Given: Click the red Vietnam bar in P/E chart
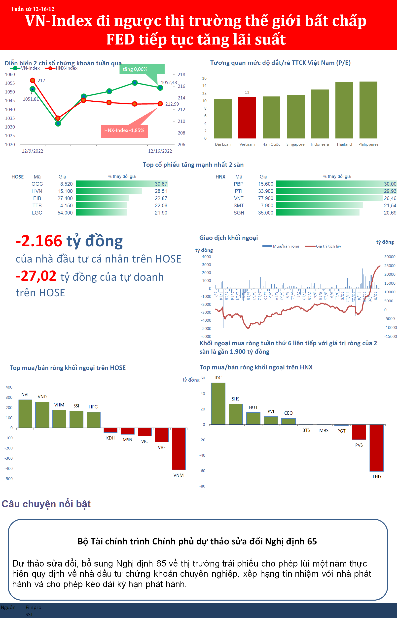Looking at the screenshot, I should coord(247,118).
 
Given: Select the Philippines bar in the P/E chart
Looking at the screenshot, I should coord(368,110).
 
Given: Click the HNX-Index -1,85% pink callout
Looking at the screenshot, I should coord(124,130).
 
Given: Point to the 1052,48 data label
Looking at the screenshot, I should coord(169,83).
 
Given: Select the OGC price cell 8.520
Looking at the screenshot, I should coord(66,184).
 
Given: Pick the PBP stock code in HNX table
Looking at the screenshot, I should coord(238,184).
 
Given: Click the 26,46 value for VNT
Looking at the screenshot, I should coord(390,198).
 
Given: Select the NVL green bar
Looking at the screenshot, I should coord(25,414).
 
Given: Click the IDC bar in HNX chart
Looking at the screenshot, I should coord(218,403).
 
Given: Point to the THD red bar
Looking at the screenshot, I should coord(376,448).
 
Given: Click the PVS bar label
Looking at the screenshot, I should coord(359,445).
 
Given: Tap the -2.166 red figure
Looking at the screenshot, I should coord(39,241).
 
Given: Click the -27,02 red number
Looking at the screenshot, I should coord(36,276).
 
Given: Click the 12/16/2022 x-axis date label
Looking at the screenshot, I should coord(160,151).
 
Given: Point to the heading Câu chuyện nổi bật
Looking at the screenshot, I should coord(46,504).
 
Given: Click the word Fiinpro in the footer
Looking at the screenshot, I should coord(33,607).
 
